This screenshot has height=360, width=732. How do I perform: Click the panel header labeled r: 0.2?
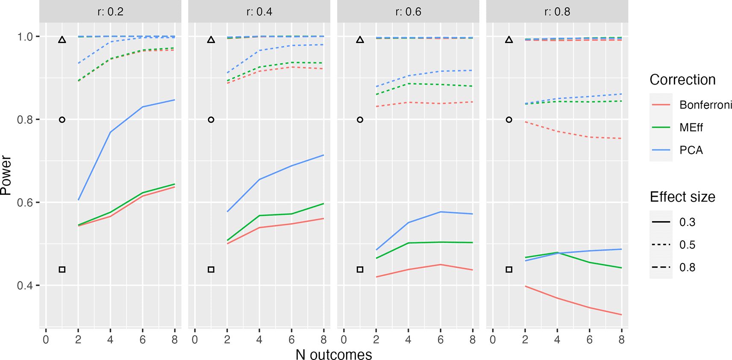(110, 12)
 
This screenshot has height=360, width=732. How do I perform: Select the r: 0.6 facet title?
(408, 12)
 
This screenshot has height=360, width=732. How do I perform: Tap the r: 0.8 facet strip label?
(557, 12)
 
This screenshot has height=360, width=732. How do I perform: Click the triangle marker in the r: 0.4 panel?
(211, 40)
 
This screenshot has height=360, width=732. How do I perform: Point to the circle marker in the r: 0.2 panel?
(62, 120)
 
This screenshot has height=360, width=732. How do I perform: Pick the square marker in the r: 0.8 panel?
(509, 269)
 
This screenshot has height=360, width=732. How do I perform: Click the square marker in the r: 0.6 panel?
(360, 269)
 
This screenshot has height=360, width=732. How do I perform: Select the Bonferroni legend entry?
(705, 105)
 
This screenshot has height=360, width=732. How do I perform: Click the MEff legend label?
(691, 128)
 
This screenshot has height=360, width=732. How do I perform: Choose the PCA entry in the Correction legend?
(691, 150)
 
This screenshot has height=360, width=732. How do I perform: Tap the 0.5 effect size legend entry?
(687, 245)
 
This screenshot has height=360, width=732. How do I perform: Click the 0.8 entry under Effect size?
(687, 267)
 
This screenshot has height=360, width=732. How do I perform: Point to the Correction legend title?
(682, 80)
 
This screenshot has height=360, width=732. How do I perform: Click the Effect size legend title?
(682, 197)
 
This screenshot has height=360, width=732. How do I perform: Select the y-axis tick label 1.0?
(25, 37)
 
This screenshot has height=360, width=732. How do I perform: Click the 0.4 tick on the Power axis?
(25, 285)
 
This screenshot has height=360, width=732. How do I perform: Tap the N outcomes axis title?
(334, 354)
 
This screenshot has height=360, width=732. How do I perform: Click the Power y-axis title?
(6, 175)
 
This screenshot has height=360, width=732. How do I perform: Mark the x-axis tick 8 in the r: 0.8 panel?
(621, 340)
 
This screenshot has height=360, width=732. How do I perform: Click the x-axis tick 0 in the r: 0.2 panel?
(46, 340)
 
